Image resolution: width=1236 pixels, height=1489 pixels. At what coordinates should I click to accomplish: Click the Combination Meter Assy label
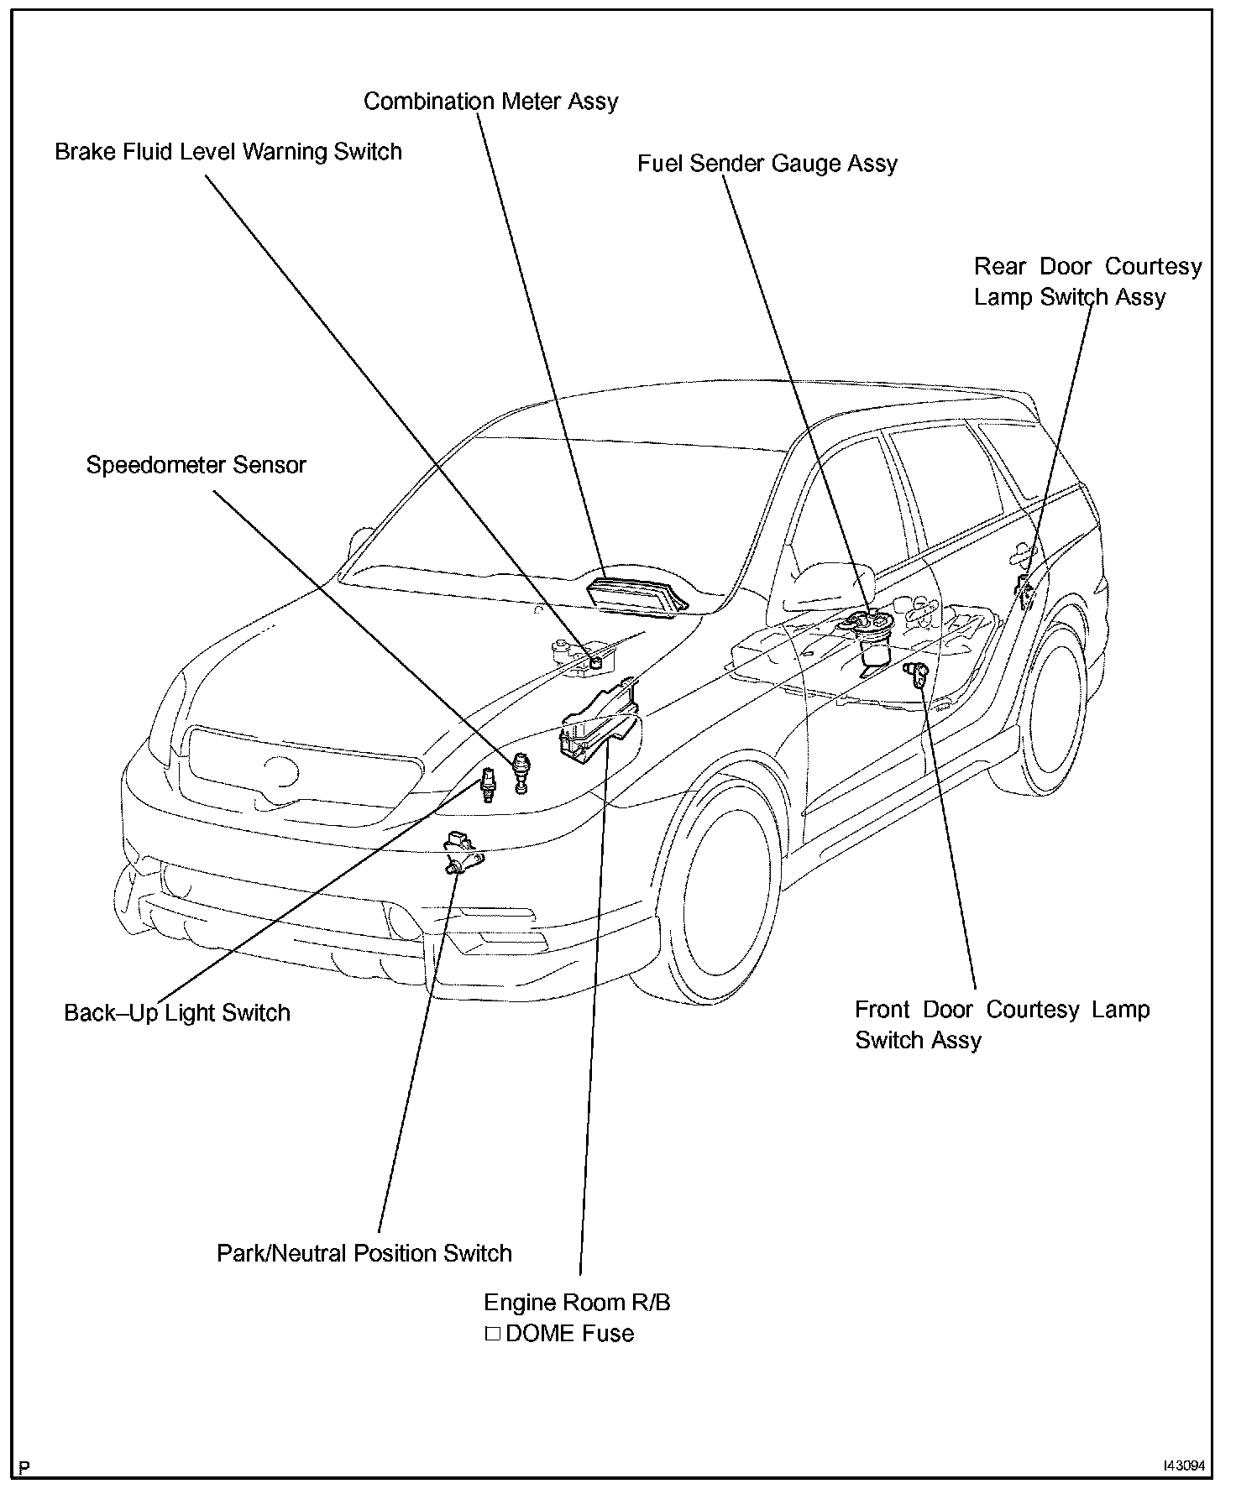(490, 102)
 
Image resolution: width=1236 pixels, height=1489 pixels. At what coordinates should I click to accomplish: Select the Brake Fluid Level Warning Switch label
(228, 152)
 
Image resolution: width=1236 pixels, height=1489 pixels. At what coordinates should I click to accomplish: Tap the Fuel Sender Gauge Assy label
(767, 164)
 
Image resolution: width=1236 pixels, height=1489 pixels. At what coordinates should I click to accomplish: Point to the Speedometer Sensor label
(196, 465)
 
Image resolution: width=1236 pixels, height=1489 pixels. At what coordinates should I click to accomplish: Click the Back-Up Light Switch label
(177, 1013)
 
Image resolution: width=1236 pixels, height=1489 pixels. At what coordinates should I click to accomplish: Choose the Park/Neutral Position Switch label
(364, 1254)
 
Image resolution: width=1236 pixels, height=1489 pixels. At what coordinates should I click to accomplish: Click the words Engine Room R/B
(577, 1303)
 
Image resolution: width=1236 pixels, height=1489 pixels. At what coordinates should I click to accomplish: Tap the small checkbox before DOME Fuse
(492, 1334)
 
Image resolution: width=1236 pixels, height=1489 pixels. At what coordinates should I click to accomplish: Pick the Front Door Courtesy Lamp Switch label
(1002, 1025)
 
